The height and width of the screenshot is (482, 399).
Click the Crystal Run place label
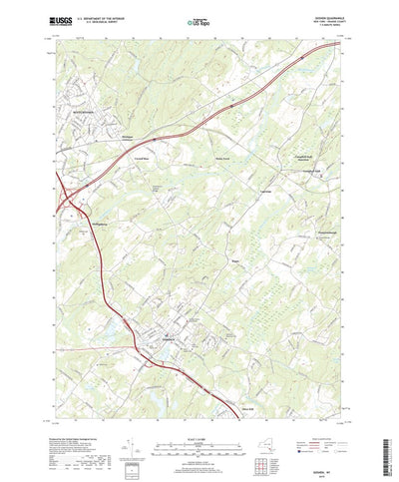point(142,157)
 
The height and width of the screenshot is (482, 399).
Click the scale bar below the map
point(199,410)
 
